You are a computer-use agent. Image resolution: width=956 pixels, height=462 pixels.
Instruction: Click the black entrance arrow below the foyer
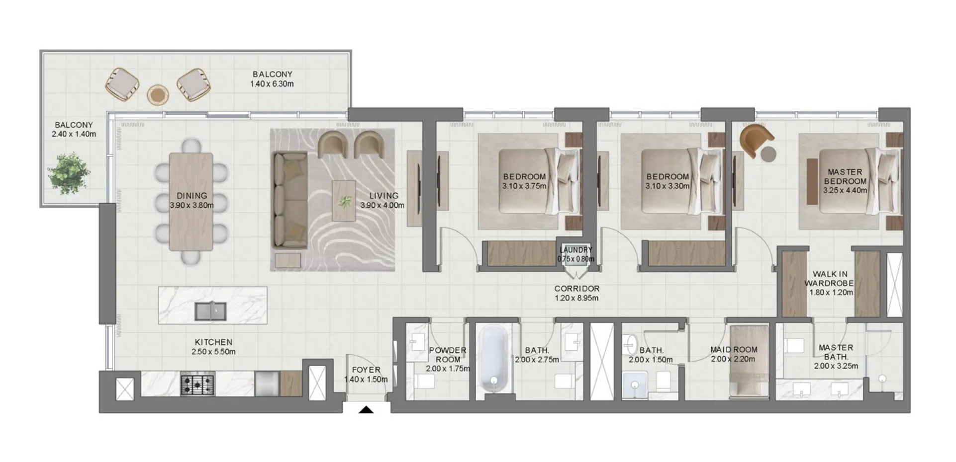(366, 410)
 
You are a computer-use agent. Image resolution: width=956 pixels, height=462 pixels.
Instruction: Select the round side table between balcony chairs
(158, 94)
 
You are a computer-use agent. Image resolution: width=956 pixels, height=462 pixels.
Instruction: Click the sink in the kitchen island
(210, 311)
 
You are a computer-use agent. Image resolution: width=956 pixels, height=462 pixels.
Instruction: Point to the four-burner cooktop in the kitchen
(197, 385)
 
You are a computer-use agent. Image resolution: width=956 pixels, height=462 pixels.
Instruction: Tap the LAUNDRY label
(575, 250)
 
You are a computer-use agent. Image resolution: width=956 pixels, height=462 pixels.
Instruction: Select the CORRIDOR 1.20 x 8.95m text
(576, 293)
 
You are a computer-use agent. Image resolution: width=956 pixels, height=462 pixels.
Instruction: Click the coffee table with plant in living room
(344, 201)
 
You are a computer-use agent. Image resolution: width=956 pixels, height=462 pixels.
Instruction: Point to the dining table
(191, 201)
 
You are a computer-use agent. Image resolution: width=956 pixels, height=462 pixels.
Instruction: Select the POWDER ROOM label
(447, 355)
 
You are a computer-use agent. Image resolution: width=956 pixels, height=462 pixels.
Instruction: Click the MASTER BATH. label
(836, 352)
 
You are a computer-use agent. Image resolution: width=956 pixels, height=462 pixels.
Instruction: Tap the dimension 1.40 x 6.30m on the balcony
(272, 84)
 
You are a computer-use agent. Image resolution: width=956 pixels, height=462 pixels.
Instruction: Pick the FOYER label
(366, 370)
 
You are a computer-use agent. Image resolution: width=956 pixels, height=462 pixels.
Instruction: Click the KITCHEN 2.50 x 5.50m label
(213, 347)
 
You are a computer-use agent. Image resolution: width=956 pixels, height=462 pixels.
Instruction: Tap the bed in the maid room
(749, 361)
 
